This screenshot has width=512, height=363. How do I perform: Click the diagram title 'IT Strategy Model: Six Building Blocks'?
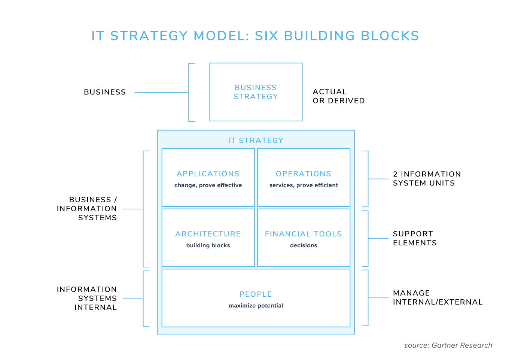tap(255, 36)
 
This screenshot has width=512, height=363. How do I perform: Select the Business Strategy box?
tap(256, 92)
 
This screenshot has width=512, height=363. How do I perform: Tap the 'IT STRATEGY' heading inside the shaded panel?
tap(256, 140)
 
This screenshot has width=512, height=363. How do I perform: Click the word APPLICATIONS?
tap(208, 174)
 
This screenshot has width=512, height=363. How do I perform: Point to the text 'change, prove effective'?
tap(208, 185)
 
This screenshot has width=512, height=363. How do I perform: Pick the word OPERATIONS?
tap(304, 174)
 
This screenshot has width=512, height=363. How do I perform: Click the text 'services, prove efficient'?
tap(304, 185)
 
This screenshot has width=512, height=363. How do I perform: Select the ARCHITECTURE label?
tap(208, 234)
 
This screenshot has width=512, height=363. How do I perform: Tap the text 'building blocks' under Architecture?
tap(208, 245)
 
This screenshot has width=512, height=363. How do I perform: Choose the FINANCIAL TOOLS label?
tap(304, 234)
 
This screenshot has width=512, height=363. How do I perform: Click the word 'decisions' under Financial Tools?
tap(304, 245)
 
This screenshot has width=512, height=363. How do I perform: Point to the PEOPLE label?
tap(256, 294)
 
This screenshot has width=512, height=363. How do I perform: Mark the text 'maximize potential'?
tap(256, 306)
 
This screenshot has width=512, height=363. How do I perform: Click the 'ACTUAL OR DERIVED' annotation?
tap(338, 96)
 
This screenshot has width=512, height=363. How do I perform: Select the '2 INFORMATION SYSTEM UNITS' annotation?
tap(427, 179)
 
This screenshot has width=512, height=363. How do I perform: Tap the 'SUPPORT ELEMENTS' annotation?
tap(415, 238)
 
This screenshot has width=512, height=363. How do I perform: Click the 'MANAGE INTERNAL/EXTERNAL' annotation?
tap(438, 298)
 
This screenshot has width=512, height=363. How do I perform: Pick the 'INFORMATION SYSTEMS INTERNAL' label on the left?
tap(87, 299)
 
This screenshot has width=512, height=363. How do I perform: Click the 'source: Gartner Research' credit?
tap(448, 345)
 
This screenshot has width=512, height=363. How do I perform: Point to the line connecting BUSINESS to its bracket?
tap(161, 92)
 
